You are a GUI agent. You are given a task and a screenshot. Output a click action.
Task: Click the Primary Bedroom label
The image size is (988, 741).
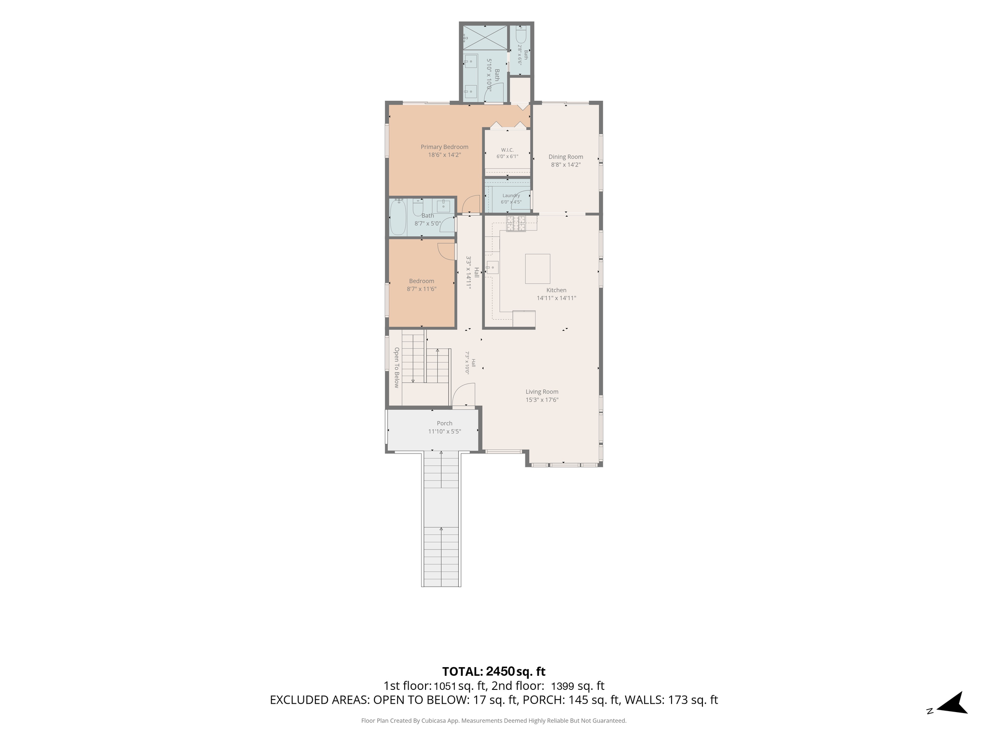point(444,147)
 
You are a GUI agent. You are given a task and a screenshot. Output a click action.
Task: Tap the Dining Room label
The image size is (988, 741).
point(565,157)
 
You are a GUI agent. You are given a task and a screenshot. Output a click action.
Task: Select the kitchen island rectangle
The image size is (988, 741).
point(537,269)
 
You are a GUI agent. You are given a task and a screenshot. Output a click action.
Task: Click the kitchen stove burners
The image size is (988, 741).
point(516,223)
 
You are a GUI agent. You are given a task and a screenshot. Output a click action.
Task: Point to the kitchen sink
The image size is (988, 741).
point(493,267)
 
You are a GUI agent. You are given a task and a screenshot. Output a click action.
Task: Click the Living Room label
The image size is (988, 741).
point(542,392)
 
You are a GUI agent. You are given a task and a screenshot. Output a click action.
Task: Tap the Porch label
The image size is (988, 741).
point(444,423)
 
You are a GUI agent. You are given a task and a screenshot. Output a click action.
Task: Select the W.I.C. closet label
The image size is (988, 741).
point(507,150)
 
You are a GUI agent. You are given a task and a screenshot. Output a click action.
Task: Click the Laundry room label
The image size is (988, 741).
point(511,195)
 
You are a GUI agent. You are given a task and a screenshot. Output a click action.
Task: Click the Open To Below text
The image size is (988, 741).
point(397,368)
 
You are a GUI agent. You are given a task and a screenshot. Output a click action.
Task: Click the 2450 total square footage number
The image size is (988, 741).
point(500,672)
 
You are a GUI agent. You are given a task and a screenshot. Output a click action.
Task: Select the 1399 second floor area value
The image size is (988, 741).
point(562,686)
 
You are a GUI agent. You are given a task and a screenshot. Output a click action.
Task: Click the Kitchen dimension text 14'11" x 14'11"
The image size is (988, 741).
point(556,298)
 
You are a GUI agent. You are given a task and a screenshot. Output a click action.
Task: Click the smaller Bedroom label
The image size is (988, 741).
point(421,281)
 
